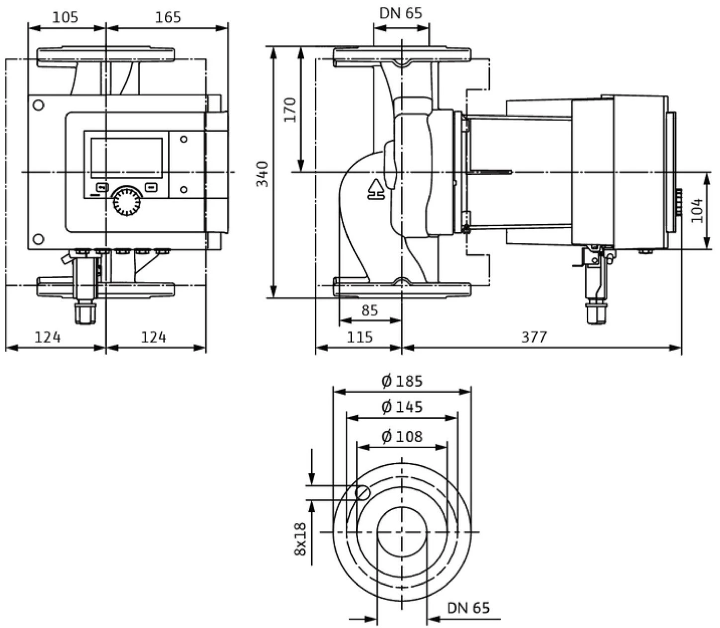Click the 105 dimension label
tap(65, 17)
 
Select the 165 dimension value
tap(168, 17)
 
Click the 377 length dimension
tap(534, 337)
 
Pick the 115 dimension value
tap(360, 337)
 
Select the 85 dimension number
tap(369, 311)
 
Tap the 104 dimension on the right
tap(697, 210)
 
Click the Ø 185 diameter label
tap(402, 382)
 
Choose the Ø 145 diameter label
tap(402, 407)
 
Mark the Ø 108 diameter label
tap(402, 437)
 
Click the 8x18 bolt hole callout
tap(300, 539)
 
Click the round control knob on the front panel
tap(127, 201)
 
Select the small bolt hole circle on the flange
tap(363, 492)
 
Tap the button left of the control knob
tap(102, 187)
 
